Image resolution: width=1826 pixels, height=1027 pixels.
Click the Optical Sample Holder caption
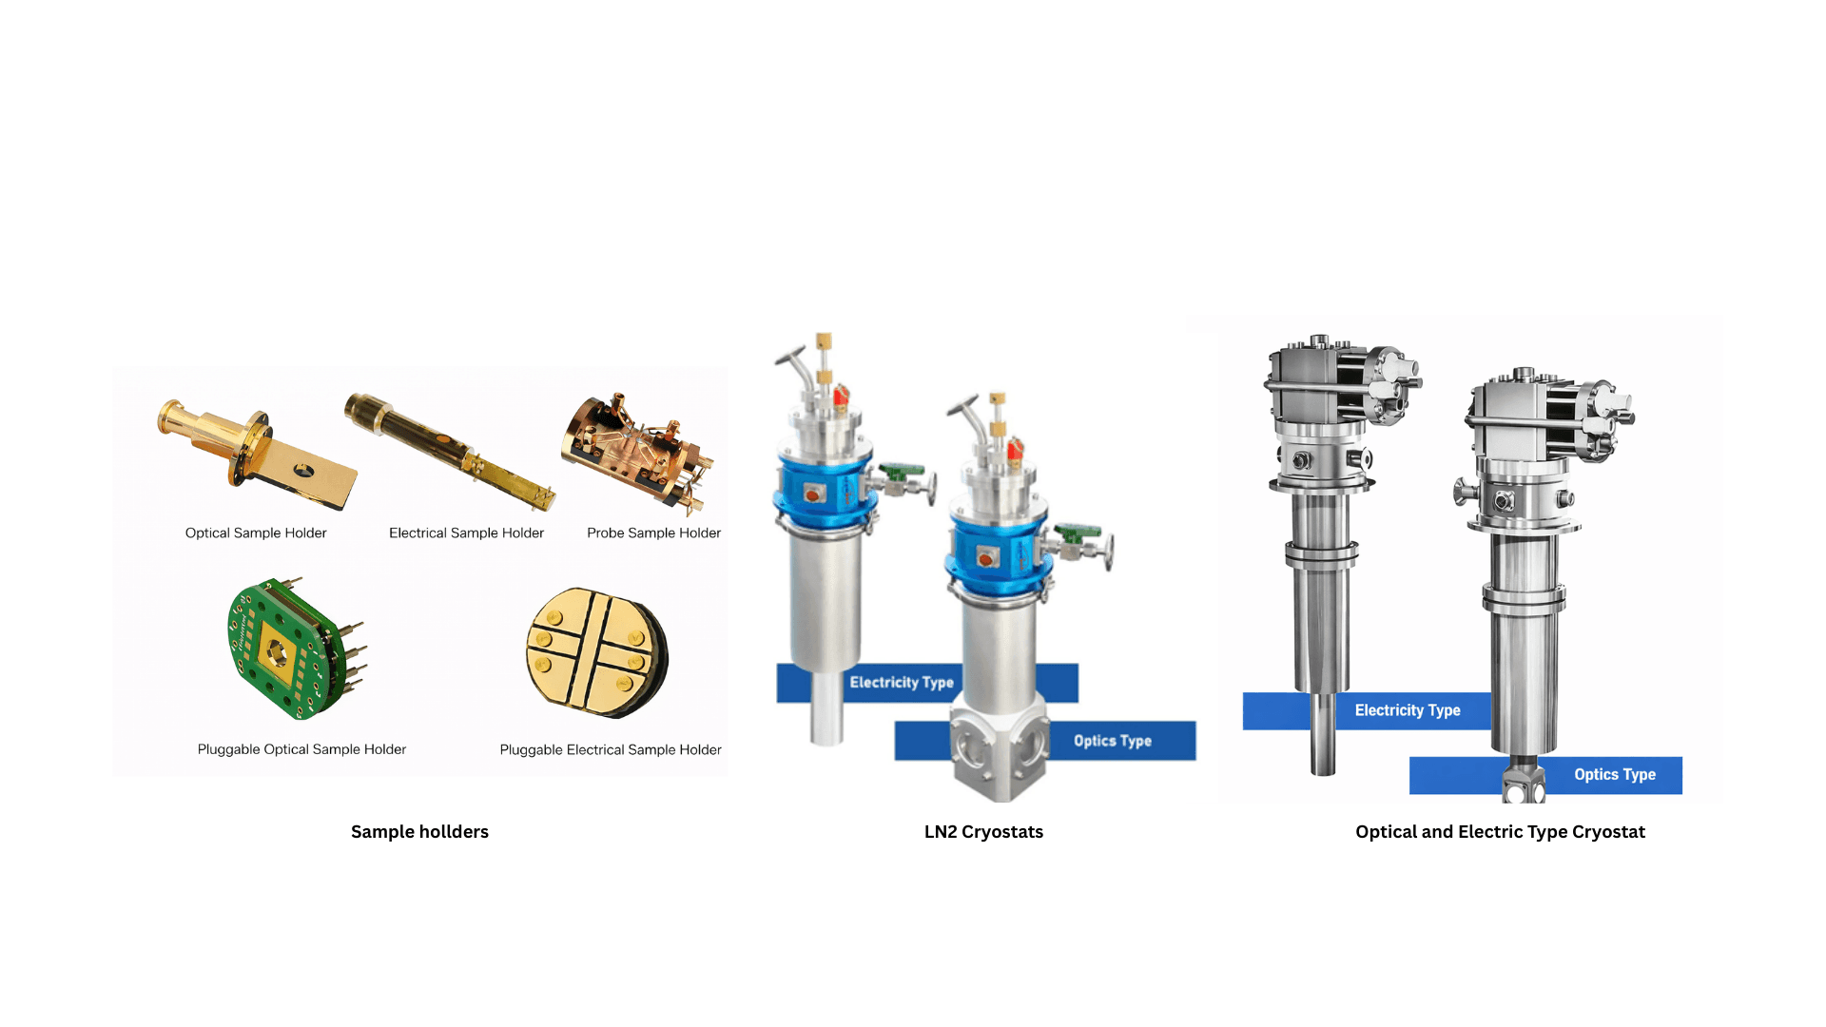point(256,533)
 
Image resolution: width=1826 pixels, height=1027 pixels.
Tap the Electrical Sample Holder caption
point(466,533)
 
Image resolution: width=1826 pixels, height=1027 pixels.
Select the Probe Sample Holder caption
point(653,533)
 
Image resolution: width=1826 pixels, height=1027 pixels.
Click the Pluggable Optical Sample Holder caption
point(301,749)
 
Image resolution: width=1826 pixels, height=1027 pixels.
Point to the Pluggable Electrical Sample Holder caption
point(611,750)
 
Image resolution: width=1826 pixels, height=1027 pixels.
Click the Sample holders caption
point(419,832)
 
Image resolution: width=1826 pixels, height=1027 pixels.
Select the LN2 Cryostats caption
point(983,832)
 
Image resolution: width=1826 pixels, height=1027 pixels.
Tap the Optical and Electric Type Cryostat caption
point(1500,832)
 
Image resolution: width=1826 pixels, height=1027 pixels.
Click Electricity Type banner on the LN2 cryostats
point(901,683)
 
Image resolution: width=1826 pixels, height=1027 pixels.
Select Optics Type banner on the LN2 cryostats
point(1112,741)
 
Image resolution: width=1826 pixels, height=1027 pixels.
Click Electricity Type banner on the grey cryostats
point(1407,710)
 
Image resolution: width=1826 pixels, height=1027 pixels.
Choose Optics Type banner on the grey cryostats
point(1614,775)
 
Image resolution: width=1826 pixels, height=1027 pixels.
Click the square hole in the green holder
point(276,652)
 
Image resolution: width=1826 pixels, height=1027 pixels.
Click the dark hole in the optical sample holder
point(303,469)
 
